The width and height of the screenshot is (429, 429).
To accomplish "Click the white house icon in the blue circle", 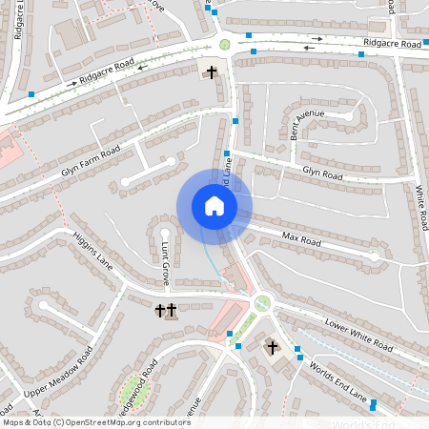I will (214, 206).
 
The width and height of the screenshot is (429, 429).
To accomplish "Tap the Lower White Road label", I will (357, 333).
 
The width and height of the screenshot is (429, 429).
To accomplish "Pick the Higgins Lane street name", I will (92, 251).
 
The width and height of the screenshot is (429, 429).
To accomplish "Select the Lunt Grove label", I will (164, 265).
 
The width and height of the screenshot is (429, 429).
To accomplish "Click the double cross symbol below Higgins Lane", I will (165, 310).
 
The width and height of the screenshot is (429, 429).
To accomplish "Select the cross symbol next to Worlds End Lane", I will (272, 347).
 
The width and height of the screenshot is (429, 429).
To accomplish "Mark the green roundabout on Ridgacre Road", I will (225, 44).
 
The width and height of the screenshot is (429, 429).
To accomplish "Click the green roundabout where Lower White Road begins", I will (262, 303).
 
